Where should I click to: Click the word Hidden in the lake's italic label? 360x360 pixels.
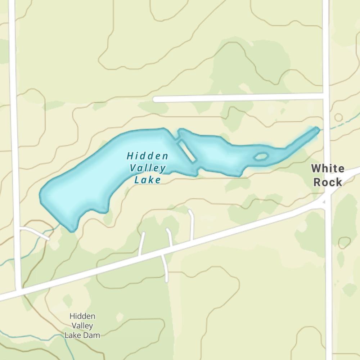click(x=147, y=156)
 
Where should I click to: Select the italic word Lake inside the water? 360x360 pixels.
click(x=148, y=179)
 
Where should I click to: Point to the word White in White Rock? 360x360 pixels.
click(x=328, y=168)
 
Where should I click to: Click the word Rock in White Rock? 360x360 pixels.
click(x=328, y=182)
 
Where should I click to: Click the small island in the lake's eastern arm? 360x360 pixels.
click(x=261, y=157)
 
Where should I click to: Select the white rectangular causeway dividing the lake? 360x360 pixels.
click(x=187, y=150)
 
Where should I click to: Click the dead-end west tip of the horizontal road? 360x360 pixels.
click(x=155, y=99)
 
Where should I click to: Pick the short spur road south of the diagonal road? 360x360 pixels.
click(x=166, y=268)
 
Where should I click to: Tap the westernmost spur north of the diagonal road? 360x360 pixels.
click(x=142, y=244)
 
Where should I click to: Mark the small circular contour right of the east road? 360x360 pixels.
click(x=338, y=117)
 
